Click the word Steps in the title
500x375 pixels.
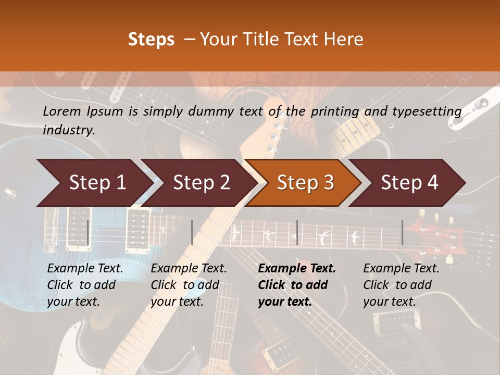pos(151,40)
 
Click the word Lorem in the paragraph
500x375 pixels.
pos(62,111)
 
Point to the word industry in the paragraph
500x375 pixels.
pos(68,130)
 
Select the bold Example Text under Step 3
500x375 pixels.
pos(297,268)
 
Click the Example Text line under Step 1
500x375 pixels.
pos(85,268)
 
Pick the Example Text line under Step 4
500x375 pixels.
pos(401,268)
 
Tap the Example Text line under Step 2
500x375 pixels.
pos(189,268)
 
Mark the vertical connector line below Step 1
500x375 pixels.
pos(87,232)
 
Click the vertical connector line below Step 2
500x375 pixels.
pos(192,232)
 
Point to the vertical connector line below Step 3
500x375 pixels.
pos(297,232)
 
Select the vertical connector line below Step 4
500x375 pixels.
pos(402,232)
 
